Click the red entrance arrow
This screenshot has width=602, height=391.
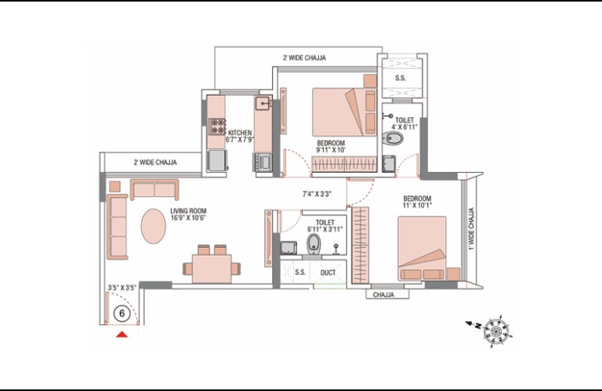click(122, 334)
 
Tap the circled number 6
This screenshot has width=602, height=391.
click(121, 313)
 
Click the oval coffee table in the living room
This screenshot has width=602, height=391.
click(154, 226)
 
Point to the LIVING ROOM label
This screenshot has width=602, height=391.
click(188, 214)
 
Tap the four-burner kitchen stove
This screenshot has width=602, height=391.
click(217, 126)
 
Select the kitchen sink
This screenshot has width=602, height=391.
click(263, 103)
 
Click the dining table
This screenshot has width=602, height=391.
click(212, 269)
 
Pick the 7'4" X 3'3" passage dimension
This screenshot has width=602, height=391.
click(317, 194)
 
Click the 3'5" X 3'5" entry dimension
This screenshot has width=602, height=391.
click(122, 287)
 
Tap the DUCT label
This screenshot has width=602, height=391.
click(328, 272)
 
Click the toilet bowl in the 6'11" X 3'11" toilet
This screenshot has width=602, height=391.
click(314, 244)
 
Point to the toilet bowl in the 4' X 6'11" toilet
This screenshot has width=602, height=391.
click(393, 138)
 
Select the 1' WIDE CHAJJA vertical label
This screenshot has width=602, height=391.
click(471, 228)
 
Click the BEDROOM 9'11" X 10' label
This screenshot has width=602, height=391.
click(331, 147)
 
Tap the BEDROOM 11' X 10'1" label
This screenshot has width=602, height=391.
click(417, 202)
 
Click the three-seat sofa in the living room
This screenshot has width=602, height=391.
click(118, 227)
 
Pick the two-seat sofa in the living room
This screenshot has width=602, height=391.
click(154, 189)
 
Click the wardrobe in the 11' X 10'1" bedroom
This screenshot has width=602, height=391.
click(360, 245)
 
